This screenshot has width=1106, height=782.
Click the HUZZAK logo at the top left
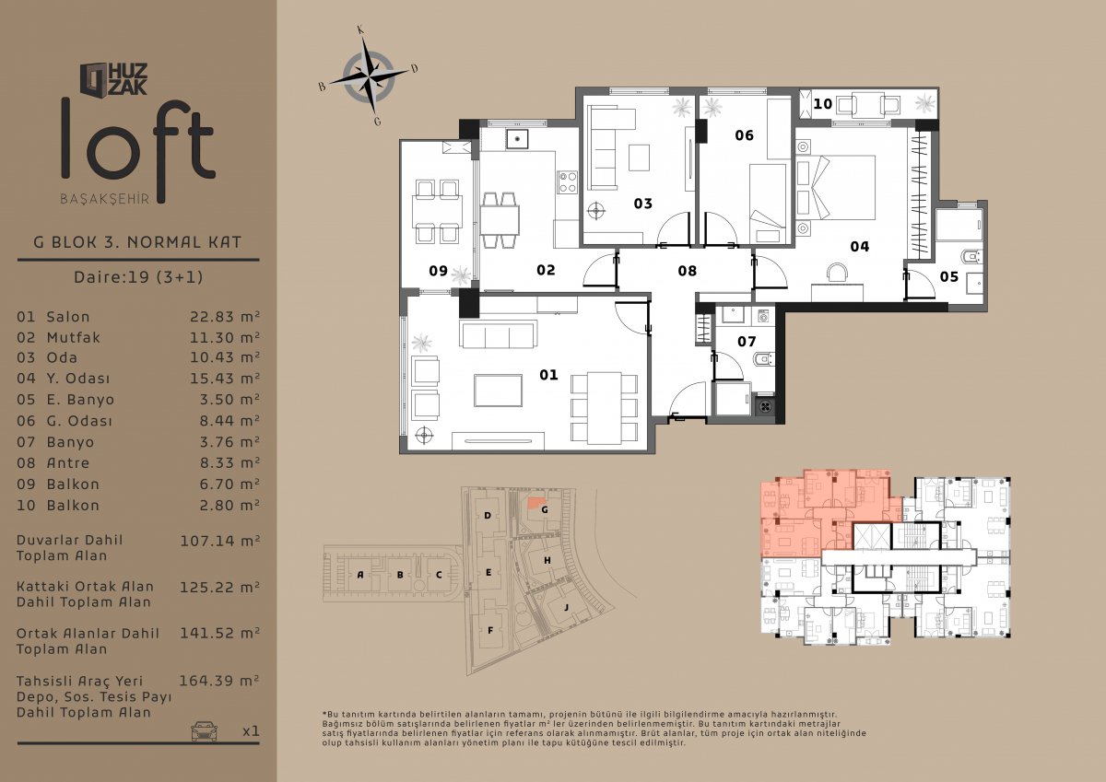tap(113, 79)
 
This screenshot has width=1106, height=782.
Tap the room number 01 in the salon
tap(548, 375)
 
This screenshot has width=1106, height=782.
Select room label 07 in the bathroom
tap(747, 342)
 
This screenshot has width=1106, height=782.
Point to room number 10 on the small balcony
tap(822, 104)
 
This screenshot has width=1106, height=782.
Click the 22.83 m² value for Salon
tap(225, 316)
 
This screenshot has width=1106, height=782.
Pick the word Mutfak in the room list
tap(73, 337)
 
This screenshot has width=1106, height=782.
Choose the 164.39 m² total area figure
tap(219, 681)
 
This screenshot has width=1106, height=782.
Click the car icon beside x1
tap(204, 730)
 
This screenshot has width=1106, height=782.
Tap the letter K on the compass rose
tap(361, 30)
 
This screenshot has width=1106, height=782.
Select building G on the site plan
tap(545, 509)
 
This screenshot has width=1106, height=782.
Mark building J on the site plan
tap(566, 607)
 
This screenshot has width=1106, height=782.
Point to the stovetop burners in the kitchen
tap(568, 182)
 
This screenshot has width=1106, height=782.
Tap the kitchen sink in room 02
tap(517, 139)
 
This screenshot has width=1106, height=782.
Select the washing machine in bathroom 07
tap(763, 316)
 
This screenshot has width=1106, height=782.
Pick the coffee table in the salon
tap(499, 391)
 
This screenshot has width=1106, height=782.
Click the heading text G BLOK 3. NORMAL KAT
tap(137, 242)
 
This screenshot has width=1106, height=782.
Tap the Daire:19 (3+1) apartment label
tap(138, 276)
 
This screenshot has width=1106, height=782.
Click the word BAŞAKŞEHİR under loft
tap(105, 199)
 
